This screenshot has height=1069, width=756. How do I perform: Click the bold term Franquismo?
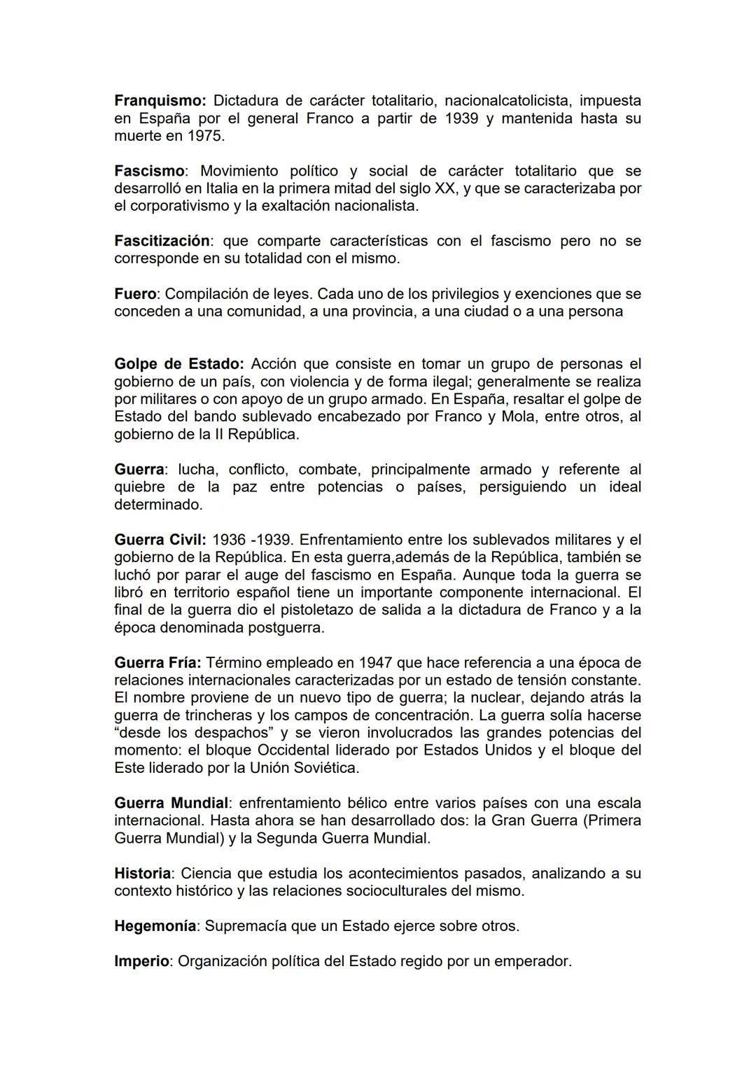(x=159, y=102)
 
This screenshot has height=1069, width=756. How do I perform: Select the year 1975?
(x=206, y=137)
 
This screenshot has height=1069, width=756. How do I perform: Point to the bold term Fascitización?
(x=162, y=242)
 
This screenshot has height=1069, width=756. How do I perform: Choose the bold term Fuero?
(x=134, y=294)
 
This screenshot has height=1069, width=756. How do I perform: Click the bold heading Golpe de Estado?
(x=178, y=365)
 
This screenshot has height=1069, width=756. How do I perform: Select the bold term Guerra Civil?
(x=160, y=540)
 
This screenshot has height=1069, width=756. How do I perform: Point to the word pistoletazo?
(x=316, y=610)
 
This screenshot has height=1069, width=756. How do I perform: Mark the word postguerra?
(x=289, y=628)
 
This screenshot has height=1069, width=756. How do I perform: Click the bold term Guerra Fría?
(x=157, y=663)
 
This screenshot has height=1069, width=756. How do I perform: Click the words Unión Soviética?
(x=300, y=768)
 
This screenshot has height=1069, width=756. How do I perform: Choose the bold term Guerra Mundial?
(x=171, y=803)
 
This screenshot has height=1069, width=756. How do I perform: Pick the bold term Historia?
(x=143, y=874)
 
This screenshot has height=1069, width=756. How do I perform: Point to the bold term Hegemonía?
(x=155, y=926)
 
